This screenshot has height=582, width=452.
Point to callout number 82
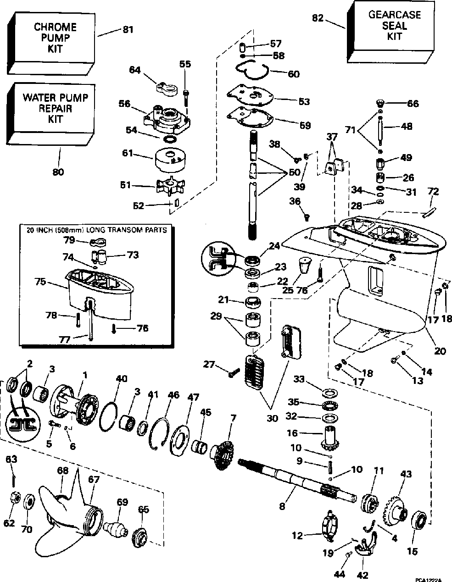318,18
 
